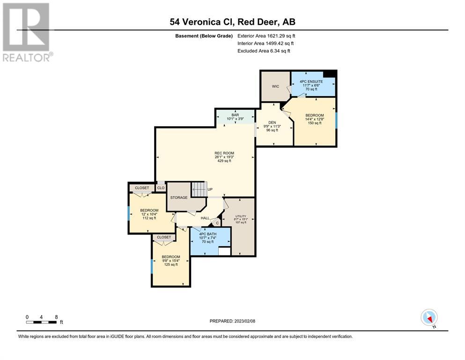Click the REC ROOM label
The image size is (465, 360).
pyautogui.click(x=224, y=153)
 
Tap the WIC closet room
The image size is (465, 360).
pyautogui.click(x=275, y=87)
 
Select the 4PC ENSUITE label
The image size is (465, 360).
pyautogui.click(x=311, y=81)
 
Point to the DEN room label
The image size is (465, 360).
pyautogui.click(x=272, y=122)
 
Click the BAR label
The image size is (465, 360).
pyautogui.click(x=235, y=115)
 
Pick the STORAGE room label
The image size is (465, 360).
pyautogui.click(x=179, y=197)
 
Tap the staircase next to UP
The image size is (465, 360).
pyautogui.click(x=199, y=189)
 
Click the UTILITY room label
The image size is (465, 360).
pyautogui.click(x=241, y=217)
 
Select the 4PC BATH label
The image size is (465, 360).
pyautogui.click(x=207, y=234)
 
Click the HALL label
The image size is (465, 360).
pyautogui.click(x=205, y=218)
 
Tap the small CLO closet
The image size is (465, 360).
pyautogui.click(x=161, y=188)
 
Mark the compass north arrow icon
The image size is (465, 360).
pyautogui.click(x=429, y=318)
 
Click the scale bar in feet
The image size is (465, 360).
pyautogui.click(x=41, y=322)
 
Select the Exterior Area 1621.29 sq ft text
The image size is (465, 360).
pyautogui.click(x=266, y=36)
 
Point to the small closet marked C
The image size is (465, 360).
pyautogui.click(x=217, y=223)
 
